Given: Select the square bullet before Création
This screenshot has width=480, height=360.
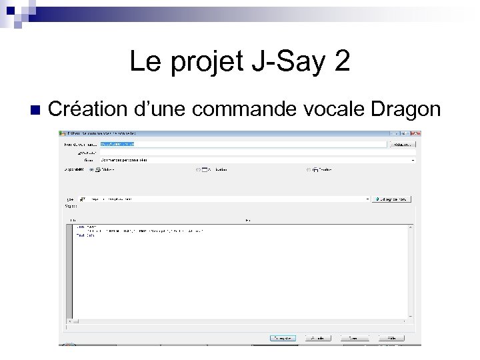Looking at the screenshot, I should pyautogui.click(x=35, y=109).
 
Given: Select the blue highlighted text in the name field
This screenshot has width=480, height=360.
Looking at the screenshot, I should pyautogui.click(x=117, y=143).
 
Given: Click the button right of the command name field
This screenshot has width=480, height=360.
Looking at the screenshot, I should pyautogui.click(x=402, y=143).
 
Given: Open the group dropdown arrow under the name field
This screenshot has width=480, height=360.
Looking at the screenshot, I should pyautogui.click(x=413, y=160).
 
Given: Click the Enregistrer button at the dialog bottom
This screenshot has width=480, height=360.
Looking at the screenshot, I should pyautogui.click(x=283, y=338).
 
